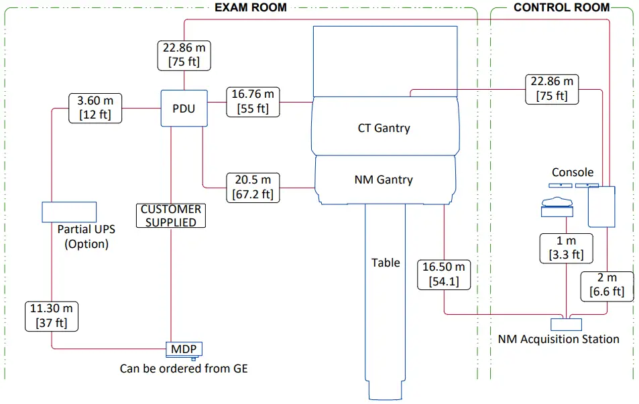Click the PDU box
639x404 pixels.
pos(183,108)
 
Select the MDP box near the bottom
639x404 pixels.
pos(184,349)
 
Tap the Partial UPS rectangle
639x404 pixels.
pos(69,212)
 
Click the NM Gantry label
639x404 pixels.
pos(383,180)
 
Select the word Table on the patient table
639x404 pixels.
pos(386,263)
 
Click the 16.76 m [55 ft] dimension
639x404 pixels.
pos(252,101)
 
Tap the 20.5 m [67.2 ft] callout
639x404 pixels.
pos(252,187)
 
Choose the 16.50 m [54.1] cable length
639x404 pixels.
pos(444,274)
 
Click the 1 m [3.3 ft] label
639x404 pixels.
pos(567,247)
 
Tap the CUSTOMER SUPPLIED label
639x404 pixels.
pos(171,216)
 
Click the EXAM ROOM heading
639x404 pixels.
pos(250,8)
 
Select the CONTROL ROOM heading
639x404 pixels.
pos(561,8)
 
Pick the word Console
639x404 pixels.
pos(572,172)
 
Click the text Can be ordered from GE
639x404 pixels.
pos(184,368)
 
